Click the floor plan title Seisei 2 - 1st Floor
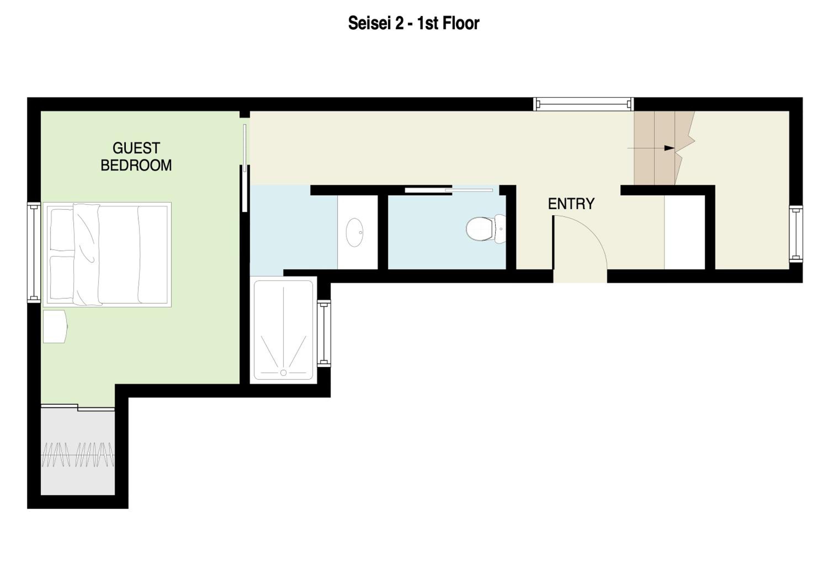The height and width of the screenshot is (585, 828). [414, 23]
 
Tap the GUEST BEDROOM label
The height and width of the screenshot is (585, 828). [136, 157]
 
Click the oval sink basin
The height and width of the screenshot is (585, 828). [354, 233]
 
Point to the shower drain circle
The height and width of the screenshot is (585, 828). [283, 373]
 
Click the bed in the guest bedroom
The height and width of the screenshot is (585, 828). [107, 254]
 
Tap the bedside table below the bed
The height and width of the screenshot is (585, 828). [55, 326]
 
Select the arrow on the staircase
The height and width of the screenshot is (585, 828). [651, 148]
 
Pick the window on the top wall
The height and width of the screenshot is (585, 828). [583, 104]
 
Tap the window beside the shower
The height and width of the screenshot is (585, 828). [324, 333]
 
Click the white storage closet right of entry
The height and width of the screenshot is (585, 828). [684, 232]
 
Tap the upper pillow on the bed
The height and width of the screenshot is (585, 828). [62, 230]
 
